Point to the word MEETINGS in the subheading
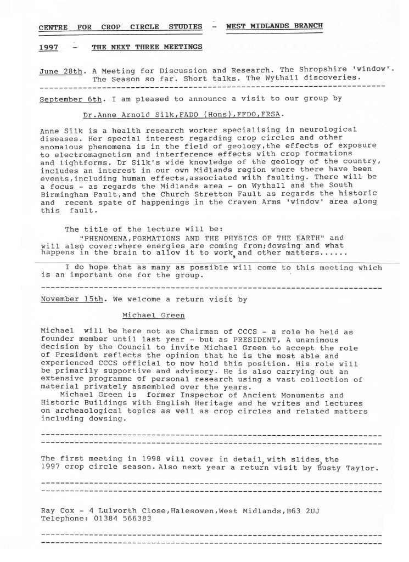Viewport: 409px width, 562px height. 178,48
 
